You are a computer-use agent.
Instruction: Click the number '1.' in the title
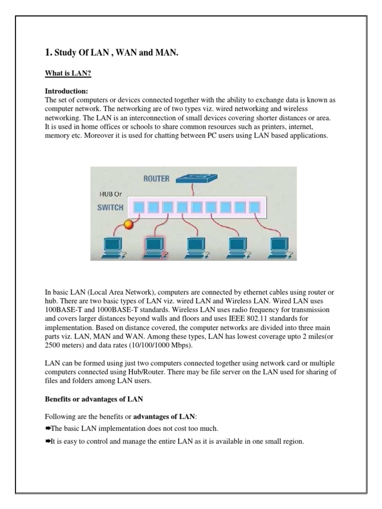click(x=48, y=52)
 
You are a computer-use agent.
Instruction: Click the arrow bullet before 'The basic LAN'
click(x=48, y=428)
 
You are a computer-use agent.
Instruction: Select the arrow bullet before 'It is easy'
click(x=48, y=441)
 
